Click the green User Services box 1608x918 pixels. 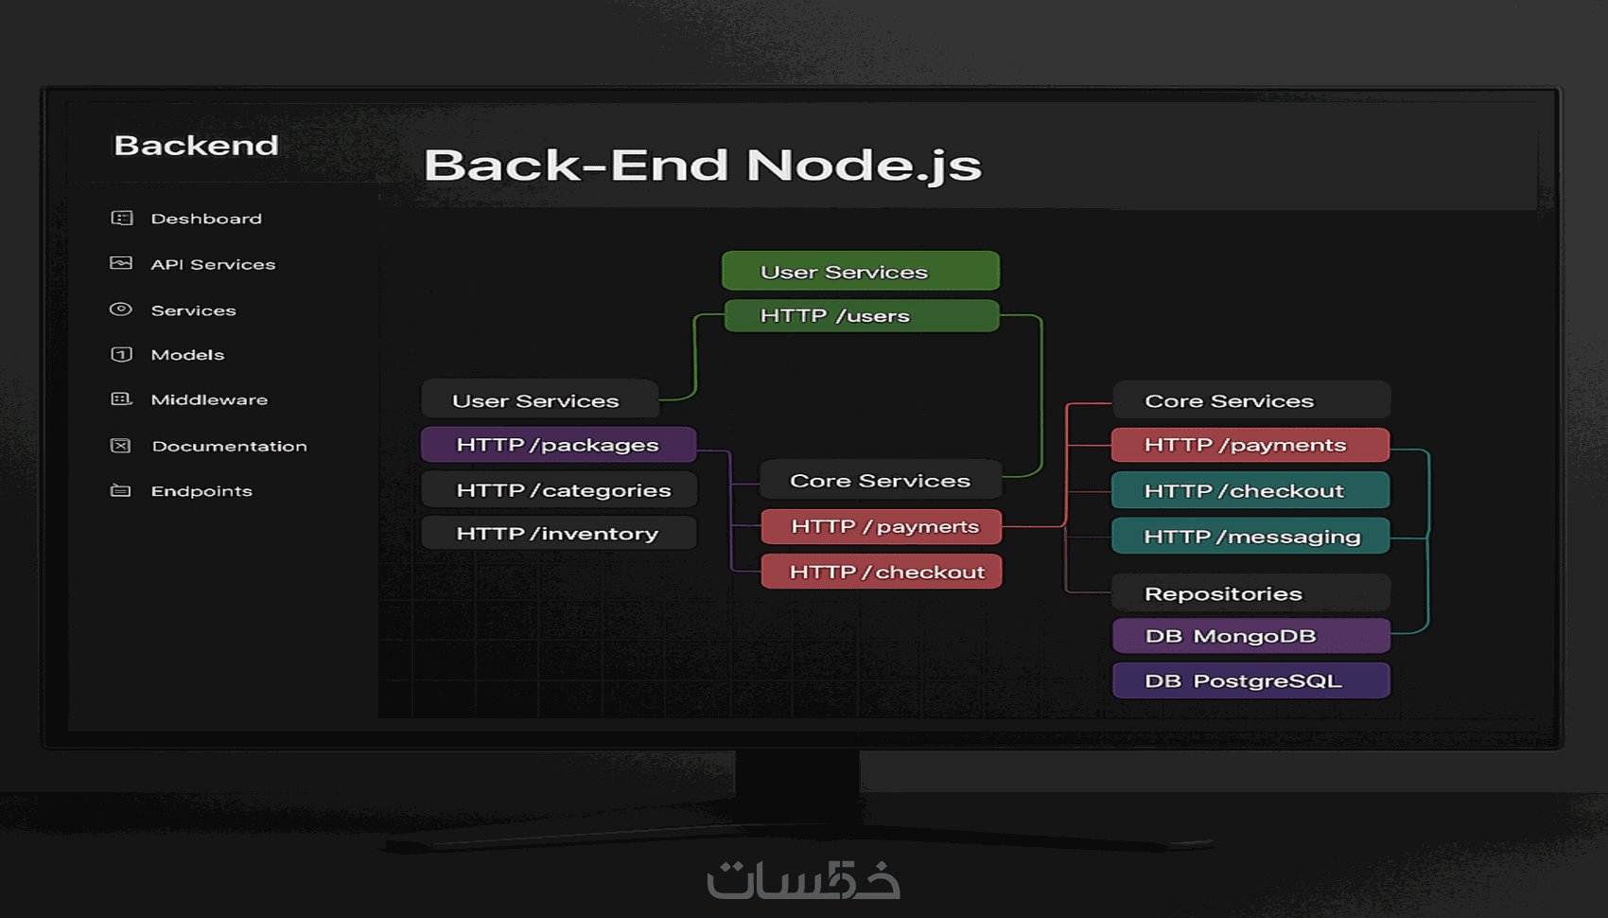point(860,272)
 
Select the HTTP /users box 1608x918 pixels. point(861,316)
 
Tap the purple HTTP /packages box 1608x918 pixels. point(558,445)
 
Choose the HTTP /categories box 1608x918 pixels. point(559,490)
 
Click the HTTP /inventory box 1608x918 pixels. point(558,534)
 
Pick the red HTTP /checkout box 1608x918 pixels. point(881,572)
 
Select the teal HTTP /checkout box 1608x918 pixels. point(1250,490)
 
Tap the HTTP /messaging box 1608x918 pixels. point(1250,537)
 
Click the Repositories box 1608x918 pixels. point(1250,593)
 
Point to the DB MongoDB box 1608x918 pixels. point(1250,636)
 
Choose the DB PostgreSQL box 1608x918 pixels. point(1250,680)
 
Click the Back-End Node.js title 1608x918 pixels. point(703,166)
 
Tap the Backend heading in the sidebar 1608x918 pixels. point(197,146)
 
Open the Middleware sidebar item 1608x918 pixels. point(209,399)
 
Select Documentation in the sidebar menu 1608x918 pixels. point(229,446)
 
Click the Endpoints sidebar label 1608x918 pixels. point(201,491)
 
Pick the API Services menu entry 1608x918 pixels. point(213,264)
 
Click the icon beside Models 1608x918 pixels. point(121,355)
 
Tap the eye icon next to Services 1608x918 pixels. point(121,309)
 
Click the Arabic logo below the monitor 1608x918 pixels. point(803,880)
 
